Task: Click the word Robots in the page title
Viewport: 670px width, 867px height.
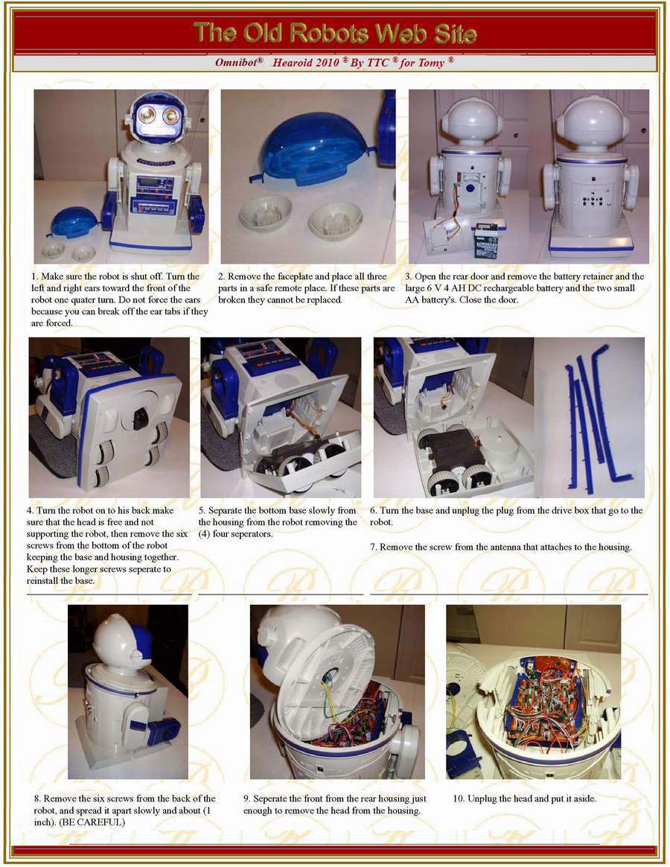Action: coord(330,34)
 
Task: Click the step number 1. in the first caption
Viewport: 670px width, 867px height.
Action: coord(35,276)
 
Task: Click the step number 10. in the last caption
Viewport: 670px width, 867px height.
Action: coord(459,799)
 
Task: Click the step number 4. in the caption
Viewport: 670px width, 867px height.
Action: coord(31,511)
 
